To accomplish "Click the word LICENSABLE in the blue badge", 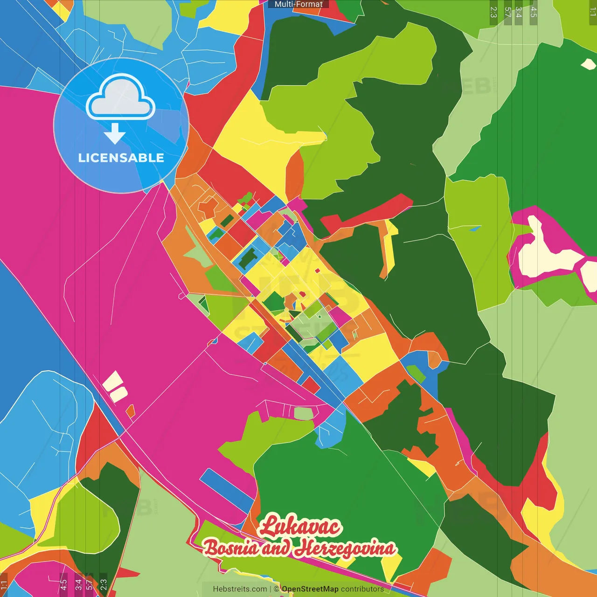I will [x=121, y=158].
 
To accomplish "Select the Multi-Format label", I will [x=298, y=4].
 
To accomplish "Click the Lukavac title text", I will [x=300, y=527].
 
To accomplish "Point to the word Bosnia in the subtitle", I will [x=231, y=548].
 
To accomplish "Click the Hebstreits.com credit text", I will [x=240, y=589].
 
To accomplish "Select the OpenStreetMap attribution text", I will [x=310, y=589].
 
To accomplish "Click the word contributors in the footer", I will [x=362, y=589].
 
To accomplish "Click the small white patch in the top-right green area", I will [x=588, y=64].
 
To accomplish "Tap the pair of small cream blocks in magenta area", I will [x=115, y=387].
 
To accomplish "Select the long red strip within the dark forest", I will [x=368, y=213].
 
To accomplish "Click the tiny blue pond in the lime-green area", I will [x=475, y=229].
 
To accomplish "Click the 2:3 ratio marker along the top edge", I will [x=493, y=12].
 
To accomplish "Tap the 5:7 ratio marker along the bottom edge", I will [x=89, y=584].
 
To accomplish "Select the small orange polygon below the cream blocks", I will [x=131, y=411].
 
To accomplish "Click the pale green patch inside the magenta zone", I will [x=304, y=413].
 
